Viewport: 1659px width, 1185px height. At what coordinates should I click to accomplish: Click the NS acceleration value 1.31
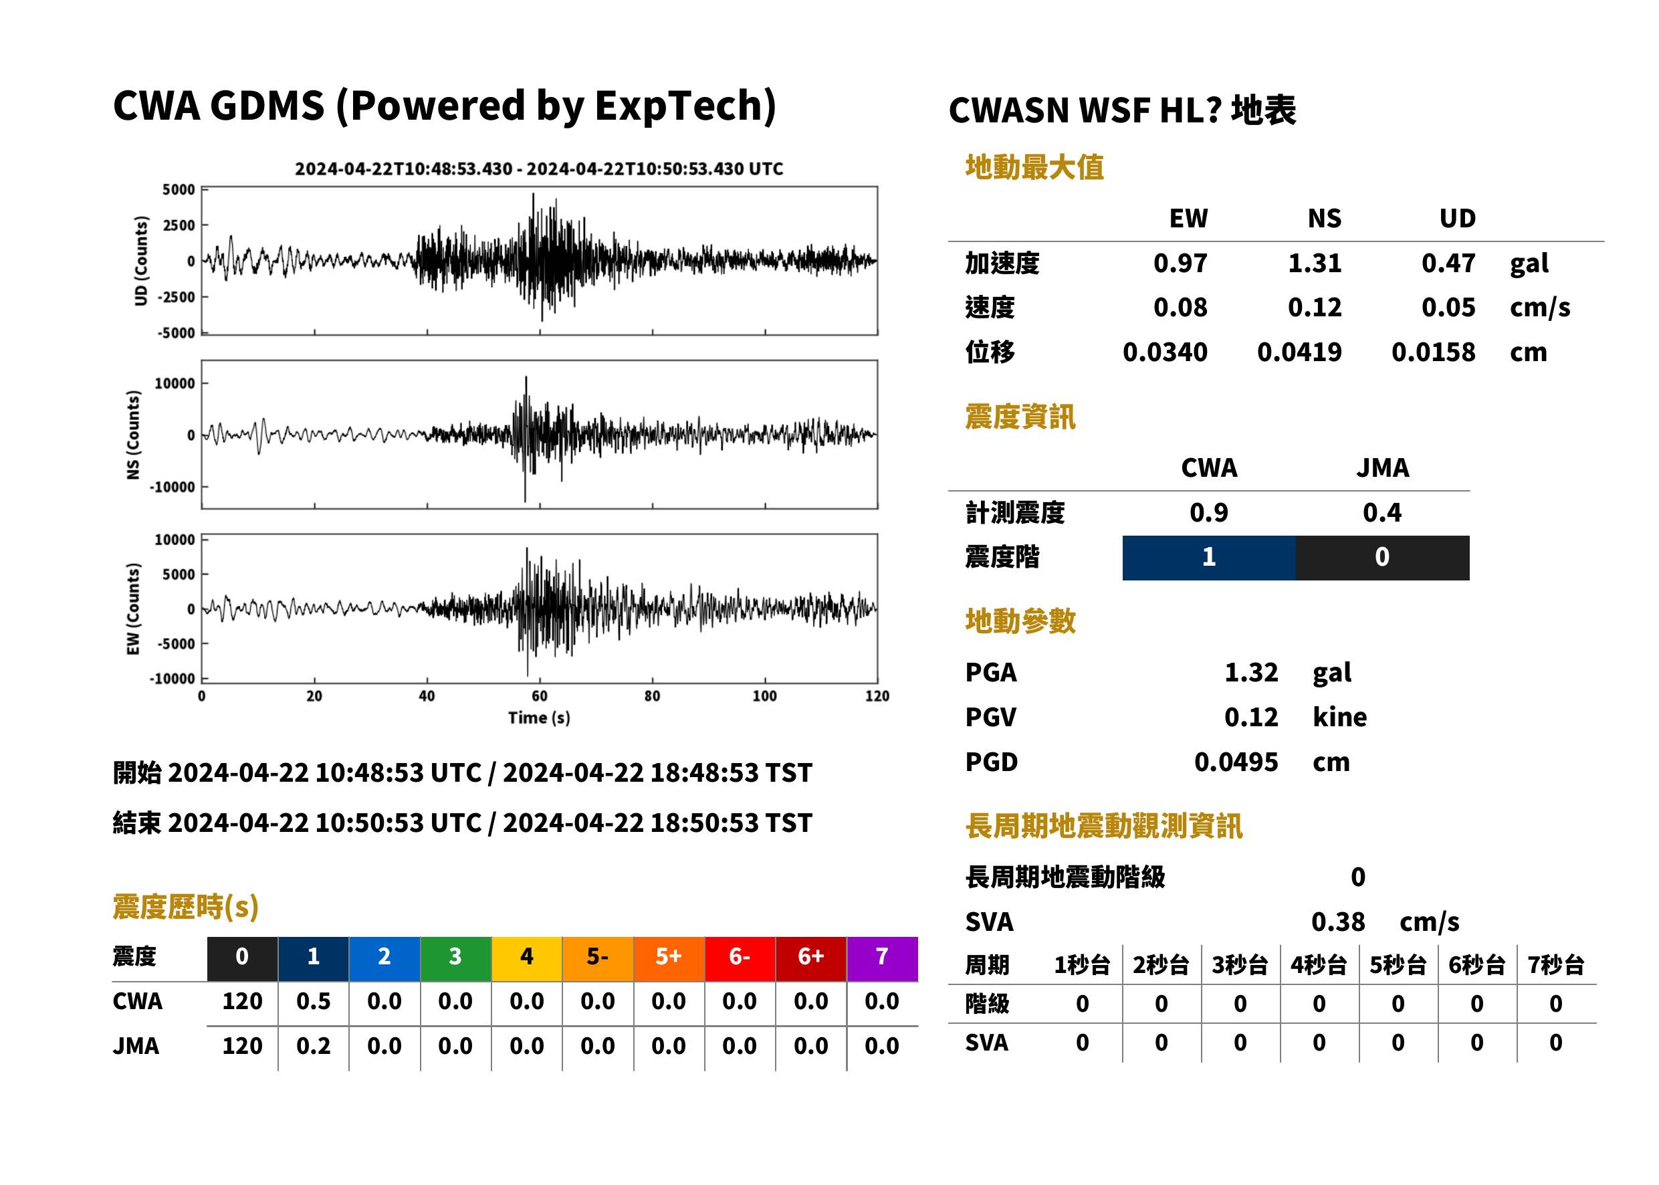point(1314,263)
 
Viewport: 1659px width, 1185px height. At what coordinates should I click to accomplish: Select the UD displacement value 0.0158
point(1433,352)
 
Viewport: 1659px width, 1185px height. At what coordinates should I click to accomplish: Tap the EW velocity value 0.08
point(1180,307)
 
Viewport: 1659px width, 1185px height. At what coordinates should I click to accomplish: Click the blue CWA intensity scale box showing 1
point(1209,558)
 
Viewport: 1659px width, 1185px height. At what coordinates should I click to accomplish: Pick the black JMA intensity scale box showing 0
point(1383,558)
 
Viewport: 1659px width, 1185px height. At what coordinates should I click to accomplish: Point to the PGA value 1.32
point(1251,672)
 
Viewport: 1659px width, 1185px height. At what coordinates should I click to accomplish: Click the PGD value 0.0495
point(1236,762)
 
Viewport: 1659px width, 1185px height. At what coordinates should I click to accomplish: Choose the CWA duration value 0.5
point(313,1001)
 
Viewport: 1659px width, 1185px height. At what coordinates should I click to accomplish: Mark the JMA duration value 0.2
point(313,1046)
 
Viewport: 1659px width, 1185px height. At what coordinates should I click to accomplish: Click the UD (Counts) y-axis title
point(141,261)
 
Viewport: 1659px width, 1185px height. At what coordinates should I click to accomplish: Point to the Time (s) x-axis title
point(539,718)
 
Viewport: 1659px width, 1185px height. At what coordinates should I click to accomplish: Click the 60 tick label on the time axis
point(539,696)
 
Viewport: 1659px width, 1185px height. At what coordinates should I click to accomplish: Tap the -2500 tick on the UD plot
point(177,297)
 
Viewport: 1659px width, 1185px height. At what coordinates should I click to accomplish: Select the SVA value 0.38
point(1338,922)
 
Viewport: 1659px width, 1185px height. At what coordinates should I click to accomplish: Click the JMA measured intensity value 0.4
point(1381,512)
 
